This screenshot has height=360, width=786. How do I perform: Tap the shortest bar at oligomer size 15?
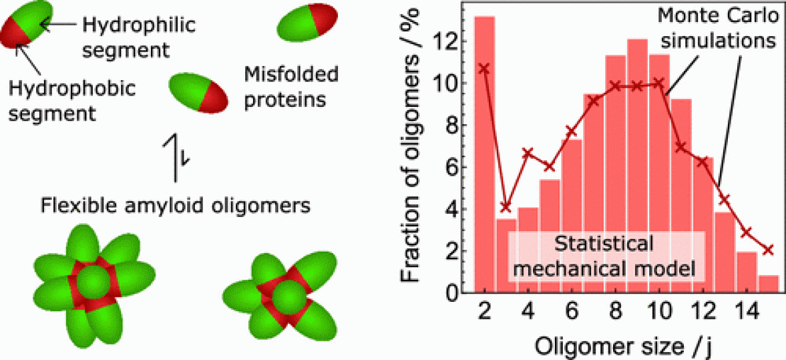coord(769,284)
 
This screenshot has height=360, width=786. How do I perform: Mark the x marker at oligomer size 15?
coord(769,250)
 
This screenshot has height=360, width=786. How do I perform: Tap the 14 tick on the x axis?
coord(747,312)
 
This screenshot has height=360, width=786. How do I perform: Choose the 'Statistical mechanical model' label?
coord(604,256)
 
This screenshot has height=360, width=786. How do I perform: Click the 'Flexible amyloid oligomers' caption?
coord(175,204)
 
